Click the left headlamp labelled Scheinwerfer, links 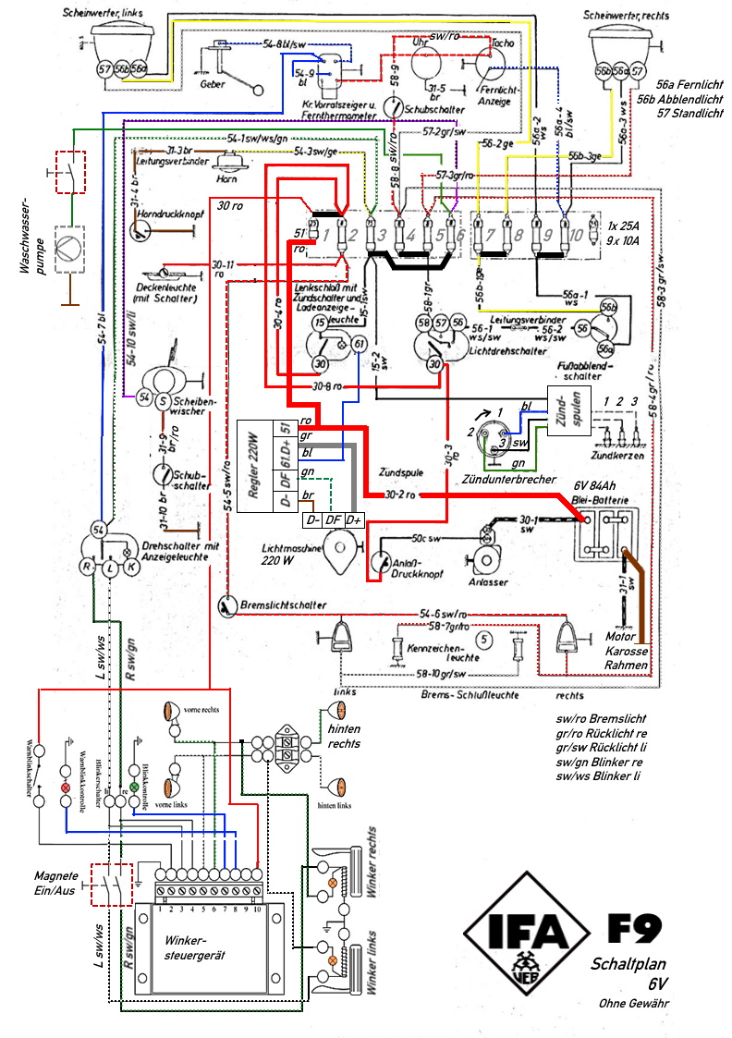coord(121,51)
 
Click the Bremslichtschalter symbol coord(226,604)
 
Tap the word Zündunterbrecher coord(511,480)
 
